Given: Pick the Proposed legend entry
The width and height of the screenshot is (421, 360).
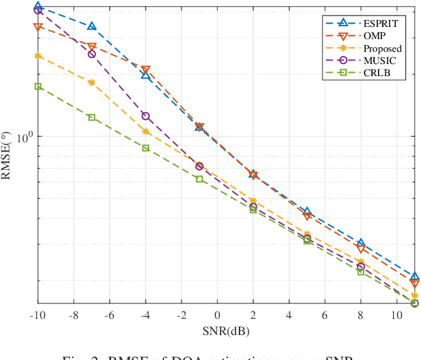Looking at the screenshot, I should click(382, 49).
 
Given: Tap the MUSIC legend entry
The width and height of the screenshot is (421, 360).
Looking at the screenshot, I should click(378, 61).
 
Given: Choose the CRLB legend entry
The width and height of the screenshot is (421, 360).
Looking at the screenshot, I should click(376, 73).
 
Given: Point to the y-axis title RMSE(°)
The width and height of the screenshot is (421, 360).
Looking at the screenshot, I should click(7, 154).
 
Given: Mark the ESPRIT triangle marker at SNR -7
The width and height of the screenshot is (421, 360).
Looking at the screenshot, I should click(92, 26).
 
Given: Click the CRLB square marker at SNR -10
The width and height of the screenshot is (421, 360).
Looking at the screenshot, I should click(38, 86).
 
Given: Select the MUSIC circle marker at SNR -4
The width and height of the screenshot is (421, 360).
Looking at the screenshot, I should click(146, 116).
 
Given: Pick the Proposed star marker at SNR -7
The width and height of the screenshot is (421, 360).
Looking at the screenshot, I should click(92, 82).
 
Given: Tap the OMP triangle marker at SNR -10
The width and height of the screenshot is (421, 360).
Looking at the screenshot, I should click(38, 27).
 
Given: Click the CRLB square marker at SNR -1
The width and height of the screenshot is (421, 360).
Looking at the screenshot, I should click(199, 179).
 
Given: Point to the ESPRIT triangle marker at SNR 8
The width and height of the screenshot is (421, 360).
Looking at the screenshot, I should click(360, 243).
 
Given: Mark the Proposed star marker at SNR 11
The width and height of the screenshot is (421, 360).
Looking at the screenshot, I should click(414, 295).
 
